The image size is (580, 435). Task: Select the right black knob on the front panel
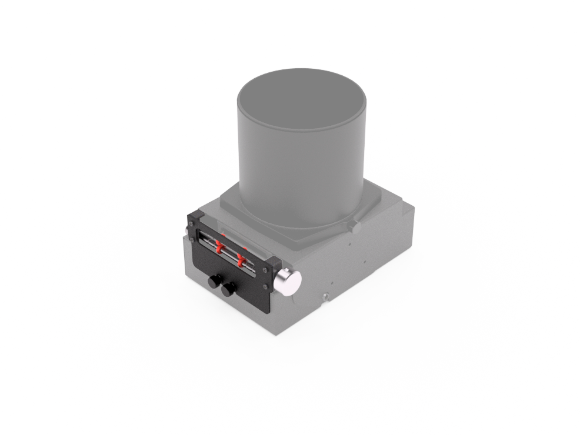[x=228, y=289]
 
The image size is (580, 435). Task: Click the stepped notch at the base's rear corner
[x=406, y=203]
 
